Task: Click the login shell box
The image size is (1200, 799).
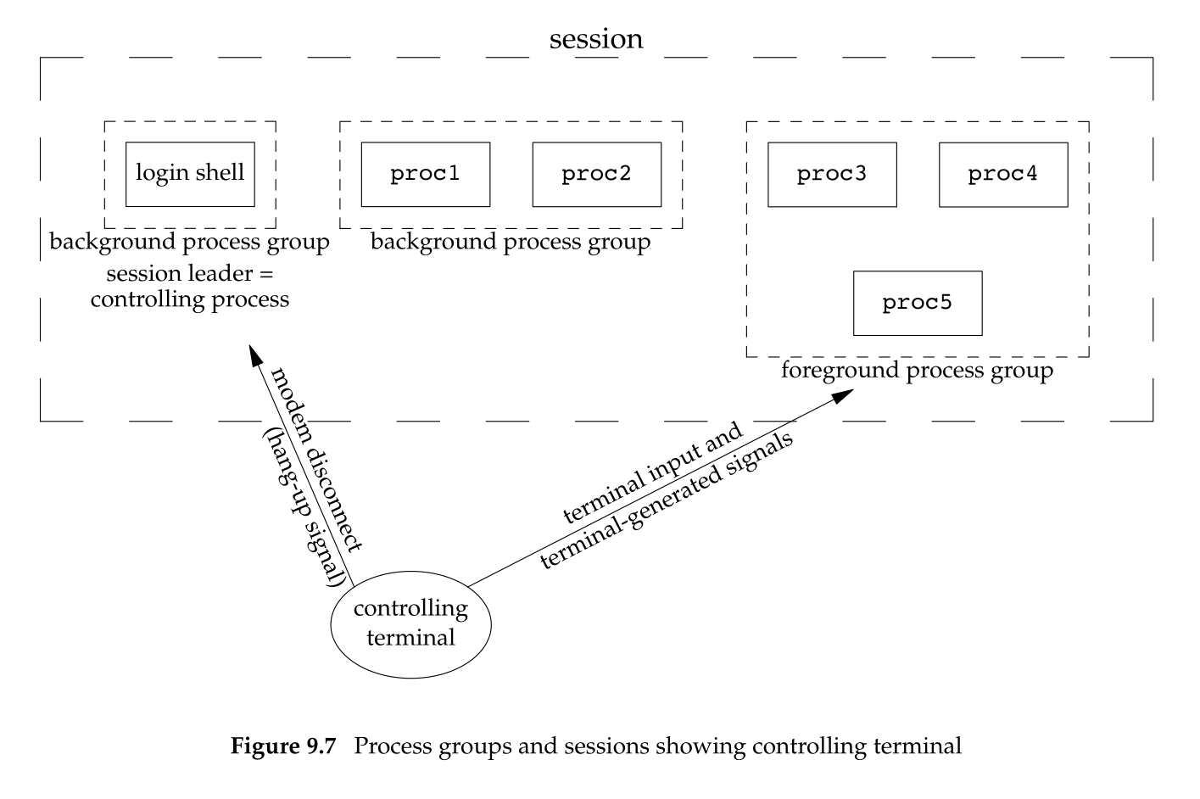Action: (190, 174)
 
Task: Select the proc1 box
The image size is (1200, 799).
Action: (425, 174)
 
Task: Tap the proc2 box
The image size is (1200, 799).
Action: (596, 174)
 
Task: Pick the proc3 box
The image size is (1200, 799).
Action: (832, 174)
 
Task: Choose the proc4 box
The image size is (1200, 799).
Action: (1003, 174)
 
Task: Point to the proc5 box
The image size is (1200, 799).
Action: (918, 303)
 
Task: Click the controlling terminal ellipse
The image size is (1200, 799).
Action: (410, 623)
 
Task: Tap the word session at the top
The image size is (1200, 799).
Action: (596, 39)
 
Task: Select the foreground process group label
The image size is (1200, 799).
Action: (917, 371)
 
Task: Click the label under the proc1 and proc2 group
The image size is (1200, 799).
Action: (511, 243)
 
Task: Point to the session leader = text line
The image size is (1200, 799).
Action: (191, 273)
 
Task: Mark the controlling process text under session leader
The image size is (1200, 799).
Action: (190, 299)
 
